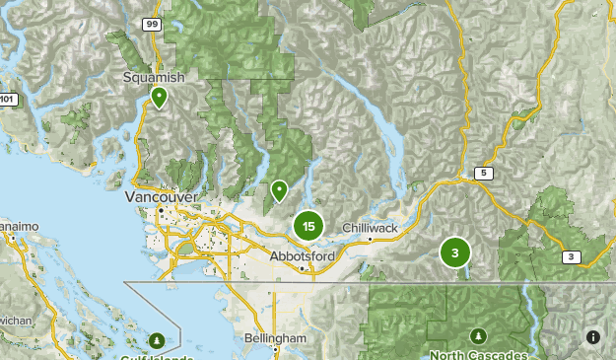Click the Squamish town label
pos(154,77)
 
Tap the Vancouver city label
pos(162,197)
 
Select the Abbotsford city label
pos(303,256)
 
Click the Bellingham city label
pos(275,338)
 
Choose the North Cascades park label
pos(478,354)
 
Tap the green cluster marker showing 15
pos(308,227)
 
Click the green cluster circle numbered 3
pos(454,253)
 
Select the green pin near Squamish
pos(159,97)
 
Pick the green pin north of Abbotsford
pos(279,188)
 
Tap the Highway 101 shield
pos(7,99)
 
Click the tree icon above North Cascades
pos(478,335)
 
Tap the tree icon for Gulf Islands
pos(157,341)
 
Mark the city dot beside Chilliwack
pos(370,238)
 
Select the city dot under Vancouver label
pos(160,209)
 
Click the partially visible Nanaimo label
pos(19,226)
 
